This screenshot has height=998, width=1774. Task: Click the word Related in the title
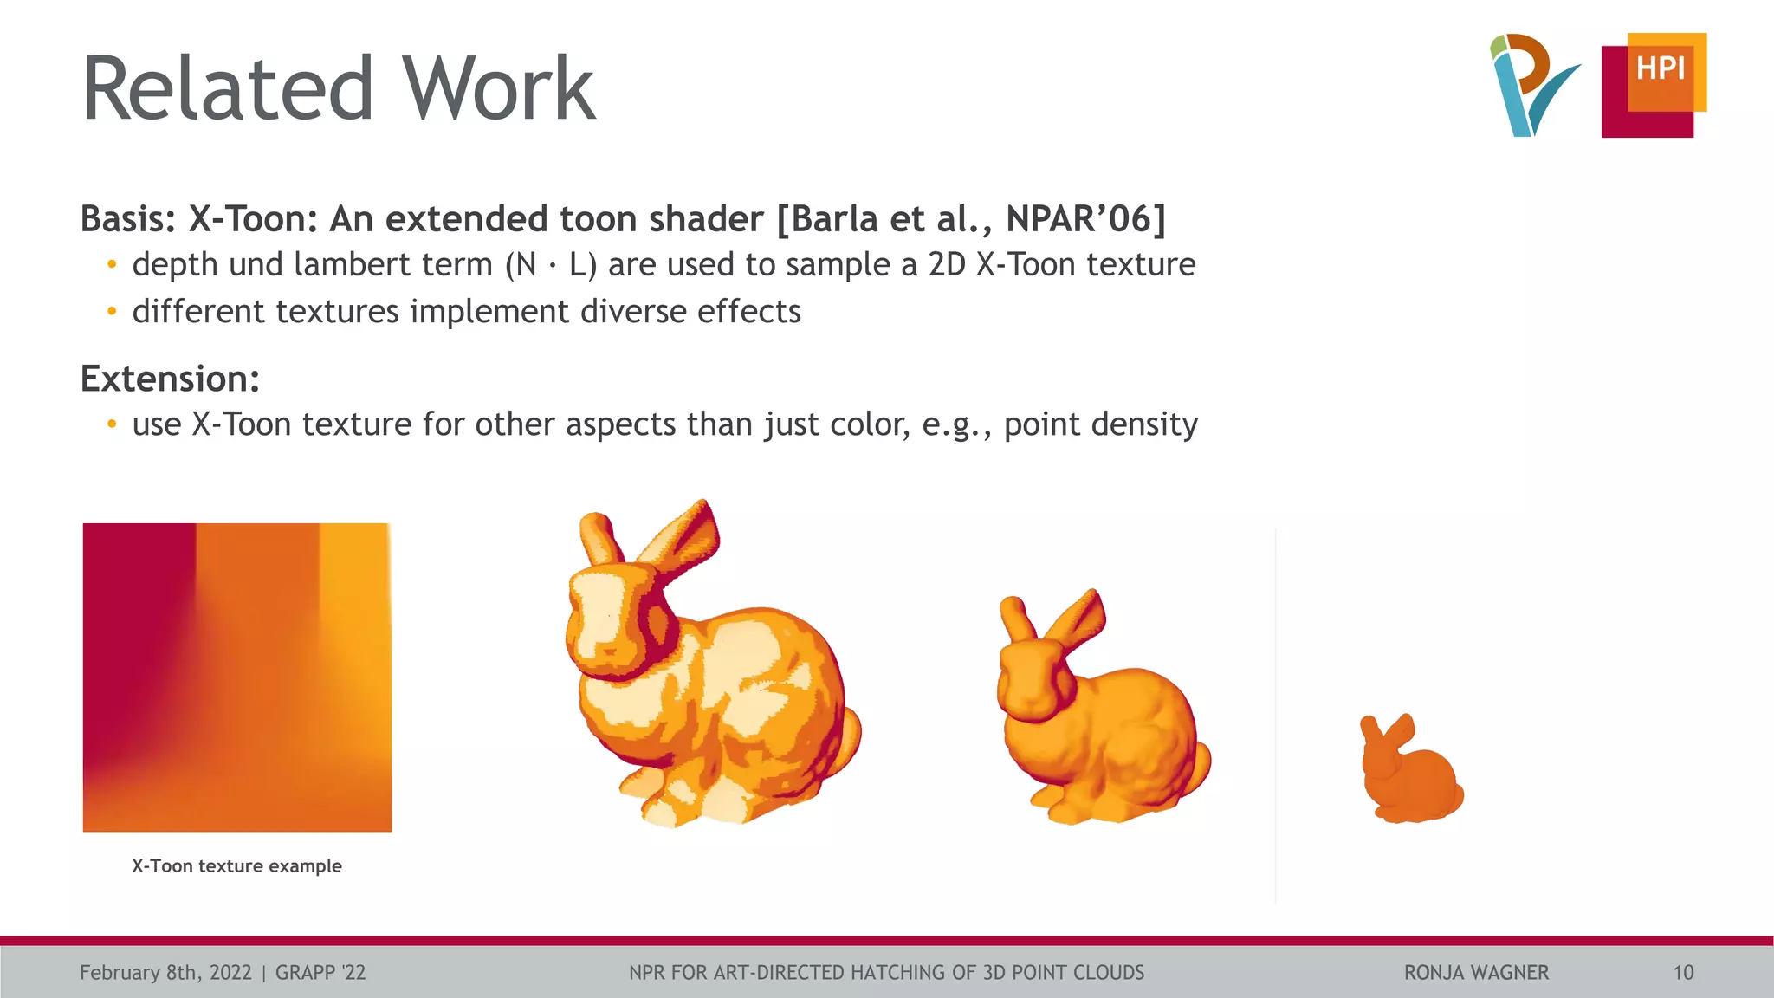pos(227,88)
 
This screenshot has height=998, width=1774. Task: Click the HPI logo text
pos(1660,68)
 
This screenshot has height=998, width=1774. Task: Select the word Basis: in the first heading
pos(129,219)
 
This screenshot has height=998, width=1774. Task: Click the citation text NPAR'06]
pos(1085,219)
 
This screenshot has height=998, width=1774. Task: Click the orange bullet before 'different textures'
pos(111,312)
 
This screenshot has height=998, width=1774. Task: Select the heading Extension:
pos(170,379)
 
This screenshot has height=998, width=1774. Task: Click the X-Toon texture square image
pos(236,677)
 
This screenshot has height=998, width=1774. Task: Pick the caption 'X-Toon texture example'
pos(236,865)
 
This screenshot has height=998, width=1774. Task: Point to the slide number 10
pos(1683,973)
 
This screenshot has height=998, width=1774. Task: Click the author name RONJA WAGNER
pos(1476,973)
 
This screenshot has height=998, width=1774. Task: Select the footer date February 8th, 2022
pos(165,973)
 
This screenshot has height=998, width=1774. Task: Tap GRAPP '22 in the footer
pos(320,973)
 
